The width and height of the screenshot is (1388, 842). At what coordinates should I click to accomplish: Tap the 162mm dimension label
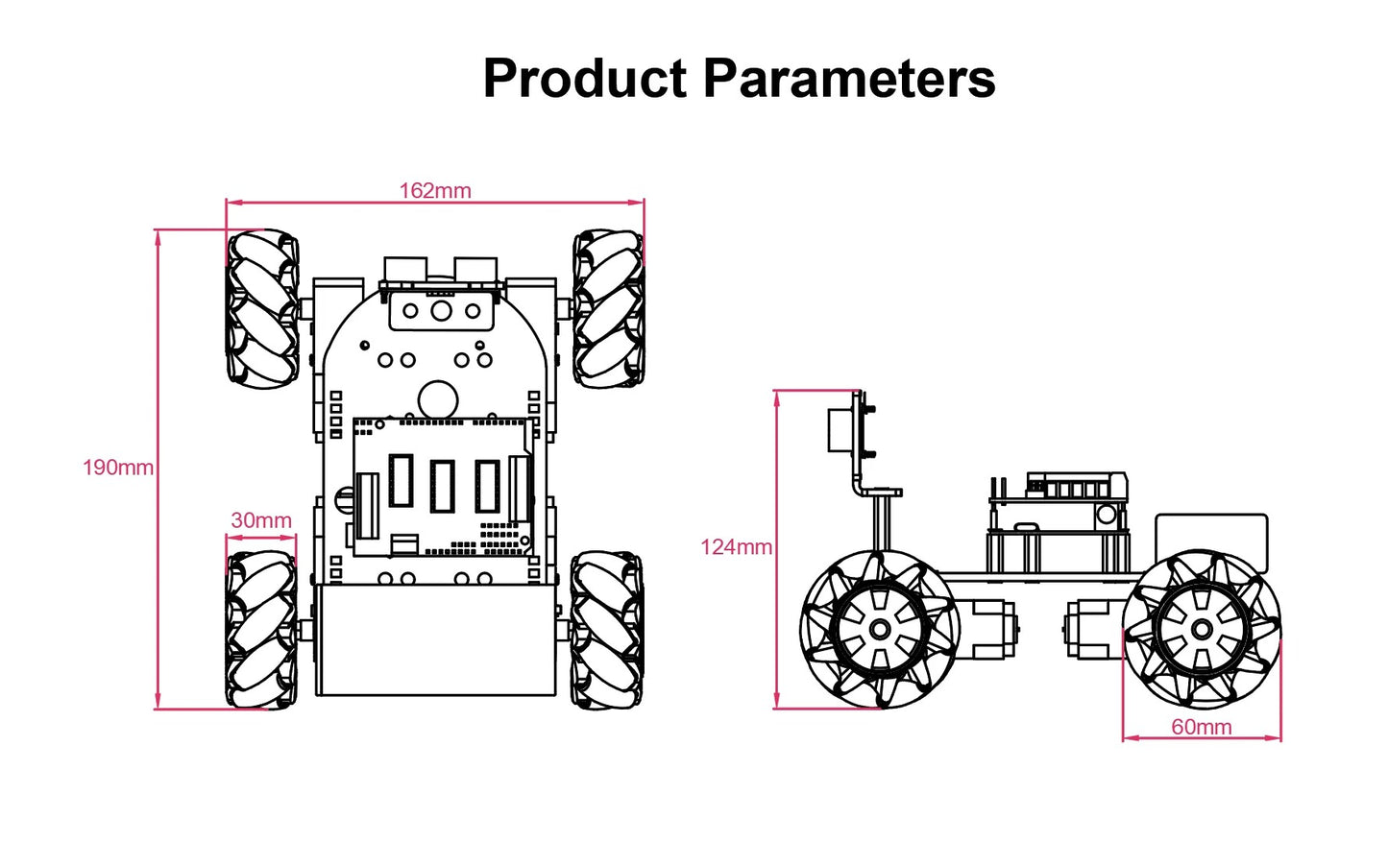click(435, 190)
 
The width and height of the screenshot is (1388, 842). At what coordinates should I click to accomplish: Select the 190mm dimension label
click(117, 468)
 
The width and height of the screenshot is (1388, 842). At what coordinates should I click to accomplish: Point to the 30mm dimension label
click(261, 520)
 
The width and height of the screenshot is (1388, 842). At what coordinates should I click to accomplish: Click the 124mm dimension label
click(736, 547)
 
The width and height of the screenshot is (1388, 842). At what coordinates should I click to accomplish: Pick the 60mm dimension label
click(1201, 727)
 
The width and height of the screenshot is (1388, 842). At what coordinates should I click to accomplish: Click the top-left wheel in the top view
click(261, 308)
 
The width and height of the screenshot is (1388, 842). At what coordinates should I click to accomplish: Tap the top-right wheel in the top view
click(609, 308)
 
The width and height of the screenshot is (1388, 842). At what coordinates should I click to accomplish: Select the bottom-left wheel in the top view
click(261, 629)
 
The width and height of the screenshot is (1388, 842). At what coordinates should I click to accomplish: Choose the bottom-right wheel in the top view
click(607, 629)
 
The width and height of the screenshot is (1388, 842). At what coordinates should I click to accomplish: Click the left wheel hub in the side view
click(880, 629)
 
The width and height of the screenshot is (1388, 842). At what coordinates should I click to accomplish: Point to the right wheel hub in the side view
click(1202, 629)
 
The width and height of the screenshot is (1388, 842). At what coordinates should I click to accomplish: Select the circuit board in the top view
click(443, 487)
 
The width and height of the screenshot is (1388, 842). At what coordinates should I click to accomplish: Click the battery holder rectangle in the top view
click(436, 640)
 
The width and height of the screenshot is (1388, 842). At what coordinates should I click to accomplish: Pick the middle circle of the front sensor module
click(441, 310)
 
